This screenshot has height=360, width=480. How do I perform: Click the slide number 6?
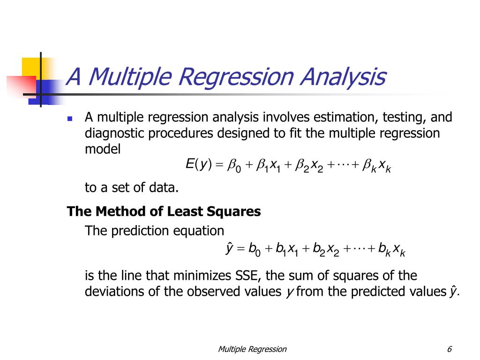[450, 349]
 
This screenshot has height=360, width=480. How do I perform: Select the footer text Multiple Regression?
[252, 349]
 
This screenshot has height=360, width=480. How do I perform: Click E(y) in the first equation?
[199, 165]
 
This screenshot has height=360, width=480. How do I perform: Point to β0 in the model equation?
[234, 165]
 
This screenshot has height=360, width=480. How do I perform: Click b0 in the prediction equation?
[255, 249]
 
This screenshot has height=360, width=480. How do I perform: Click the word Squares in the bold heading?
[237, 211]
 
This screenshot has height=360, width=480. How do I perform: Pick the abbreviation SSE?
[254, 275]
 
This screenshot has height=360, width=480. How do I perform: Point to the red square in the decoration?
[22, 87]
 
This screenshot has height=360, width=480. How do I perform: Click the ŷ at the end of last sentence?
[452, 292]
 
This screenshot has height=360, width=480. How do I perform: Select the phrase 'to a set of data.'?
[132, 188]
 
